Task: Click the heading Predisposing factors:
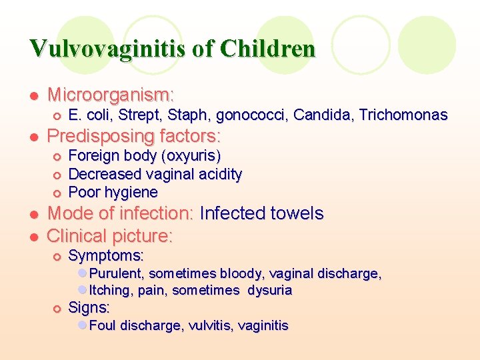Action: pyautogui.click(x=134, y=137)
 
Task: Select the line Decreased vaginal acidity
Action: pyautogui.click(x=155, y=174)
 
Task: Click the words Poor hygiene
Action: pyautogui.click(x=113, y=193)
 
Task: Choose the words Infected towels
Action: pyautogui.click(x=261, y=214)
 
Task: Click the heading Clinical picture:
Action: pyautogui.click(x=110, y=236)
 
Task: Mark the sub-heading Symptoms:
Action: pyautogui.click(x=106, y=255)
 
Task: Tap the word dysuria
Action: pyautogui.click(x=270, y=291)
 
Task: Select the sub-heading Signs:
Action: pyautogui.click(x=89, y=307)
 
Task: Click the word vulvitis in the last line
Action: pyautogui.click(x=211, y=326)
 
